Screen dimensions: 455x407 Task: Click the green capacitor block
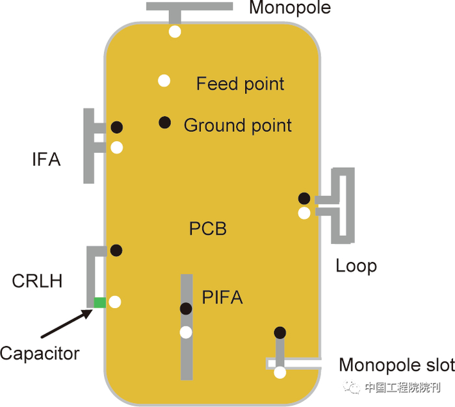click(99, 302)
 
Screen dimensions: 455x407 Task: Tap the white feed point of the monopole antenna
click(175, 31)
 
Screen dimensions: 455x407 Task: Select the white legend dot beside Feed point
click(164, 81)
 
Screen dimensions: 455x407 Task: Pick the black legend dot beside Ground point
click(164, 122)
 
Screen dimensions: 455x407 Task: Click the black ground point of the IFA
click(116, 127)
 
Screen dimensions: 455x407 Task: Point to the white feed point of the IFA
click(116, 148)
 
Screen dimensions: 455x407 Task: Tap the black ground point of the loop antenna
click(304, 198)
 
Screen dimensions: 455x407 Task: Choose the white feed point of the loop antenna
click(304, 213)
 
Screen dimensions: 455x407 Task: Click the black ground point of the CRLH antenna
click(116, 250)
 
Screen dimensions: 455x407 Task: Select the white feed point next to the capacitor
click(114, 302)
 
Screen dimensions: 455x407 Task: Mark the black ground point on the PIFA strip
click(186, 309)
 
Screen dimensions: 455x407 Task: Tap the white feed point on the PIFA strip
click(186, 332)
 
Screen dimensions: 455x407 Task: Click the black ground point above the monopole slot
click(280, 333)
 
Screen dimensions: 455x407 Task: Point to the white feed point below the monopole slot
click(280, 373)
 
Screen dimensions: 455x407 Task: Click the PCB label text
click(208, 228)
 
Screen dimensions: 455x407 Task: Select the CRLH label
click(37, 281)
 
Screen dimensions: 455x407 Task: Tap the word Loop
click(356, 266)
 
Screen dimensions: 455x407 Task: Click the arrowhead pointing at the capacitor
click(87, 314)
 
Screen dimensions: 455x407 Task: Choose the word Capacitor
click(40, 354)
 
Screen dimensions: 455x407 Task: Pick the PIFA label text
click(222, 297)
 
